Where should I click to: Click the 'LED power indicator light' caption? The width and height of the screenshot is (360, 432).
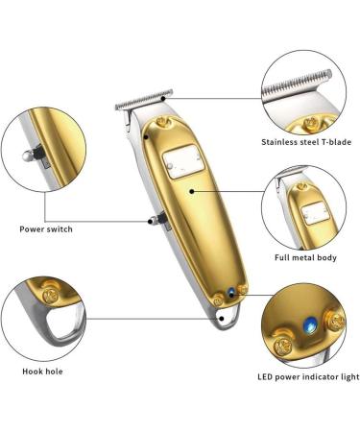point(307,377)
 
